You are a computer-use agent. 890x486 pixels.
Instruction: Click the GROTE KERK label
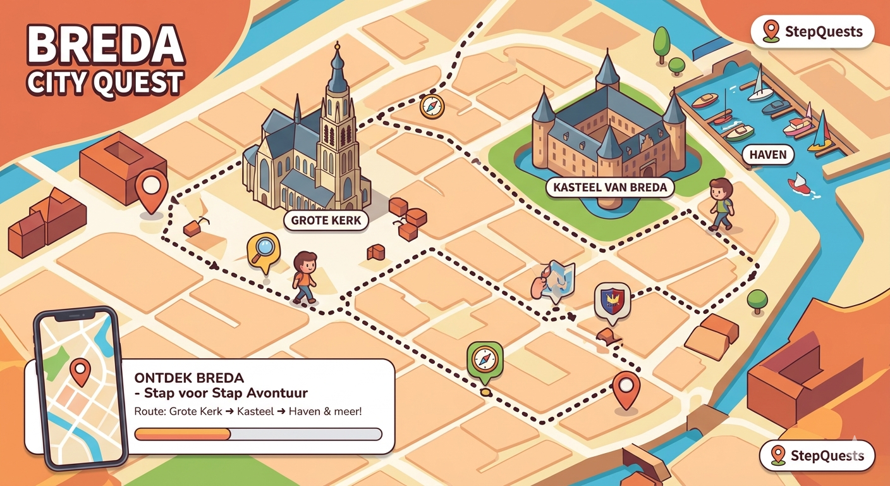pyautogui.click(x=326, y=220)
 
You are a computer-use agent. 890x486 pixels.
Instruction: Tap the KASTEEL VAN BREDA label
pyautogui.click(x=609, y=187)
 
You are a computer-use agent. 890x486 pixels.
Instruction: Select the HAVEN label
pyautogui.click(x=767, y=154)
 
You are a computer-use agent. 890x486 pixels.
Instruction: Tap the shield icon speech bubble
pyautogui.click(x=612, y=300)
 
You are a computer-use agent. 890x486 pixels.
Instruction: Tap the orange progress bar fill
pyautogui.click(x=183, y=434)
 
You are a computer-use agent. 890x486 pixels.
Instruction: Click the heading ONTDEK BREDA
pyautogui.click(x=189, y=378)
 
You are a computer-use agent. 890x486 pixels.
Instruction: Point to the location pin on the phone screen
pyautogui.click(x=80, y=371)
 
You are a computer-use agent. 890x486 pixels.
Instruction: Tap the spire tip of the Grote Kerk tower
pyautogui.click(x=338, y=46)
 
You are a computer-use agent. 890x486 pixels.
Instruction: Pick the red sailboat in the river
pyautogui.click(x=799, y=183)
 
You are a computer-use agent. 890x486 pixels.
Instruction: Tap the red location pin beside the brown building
pyautogui.click(x=152, y=189)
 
